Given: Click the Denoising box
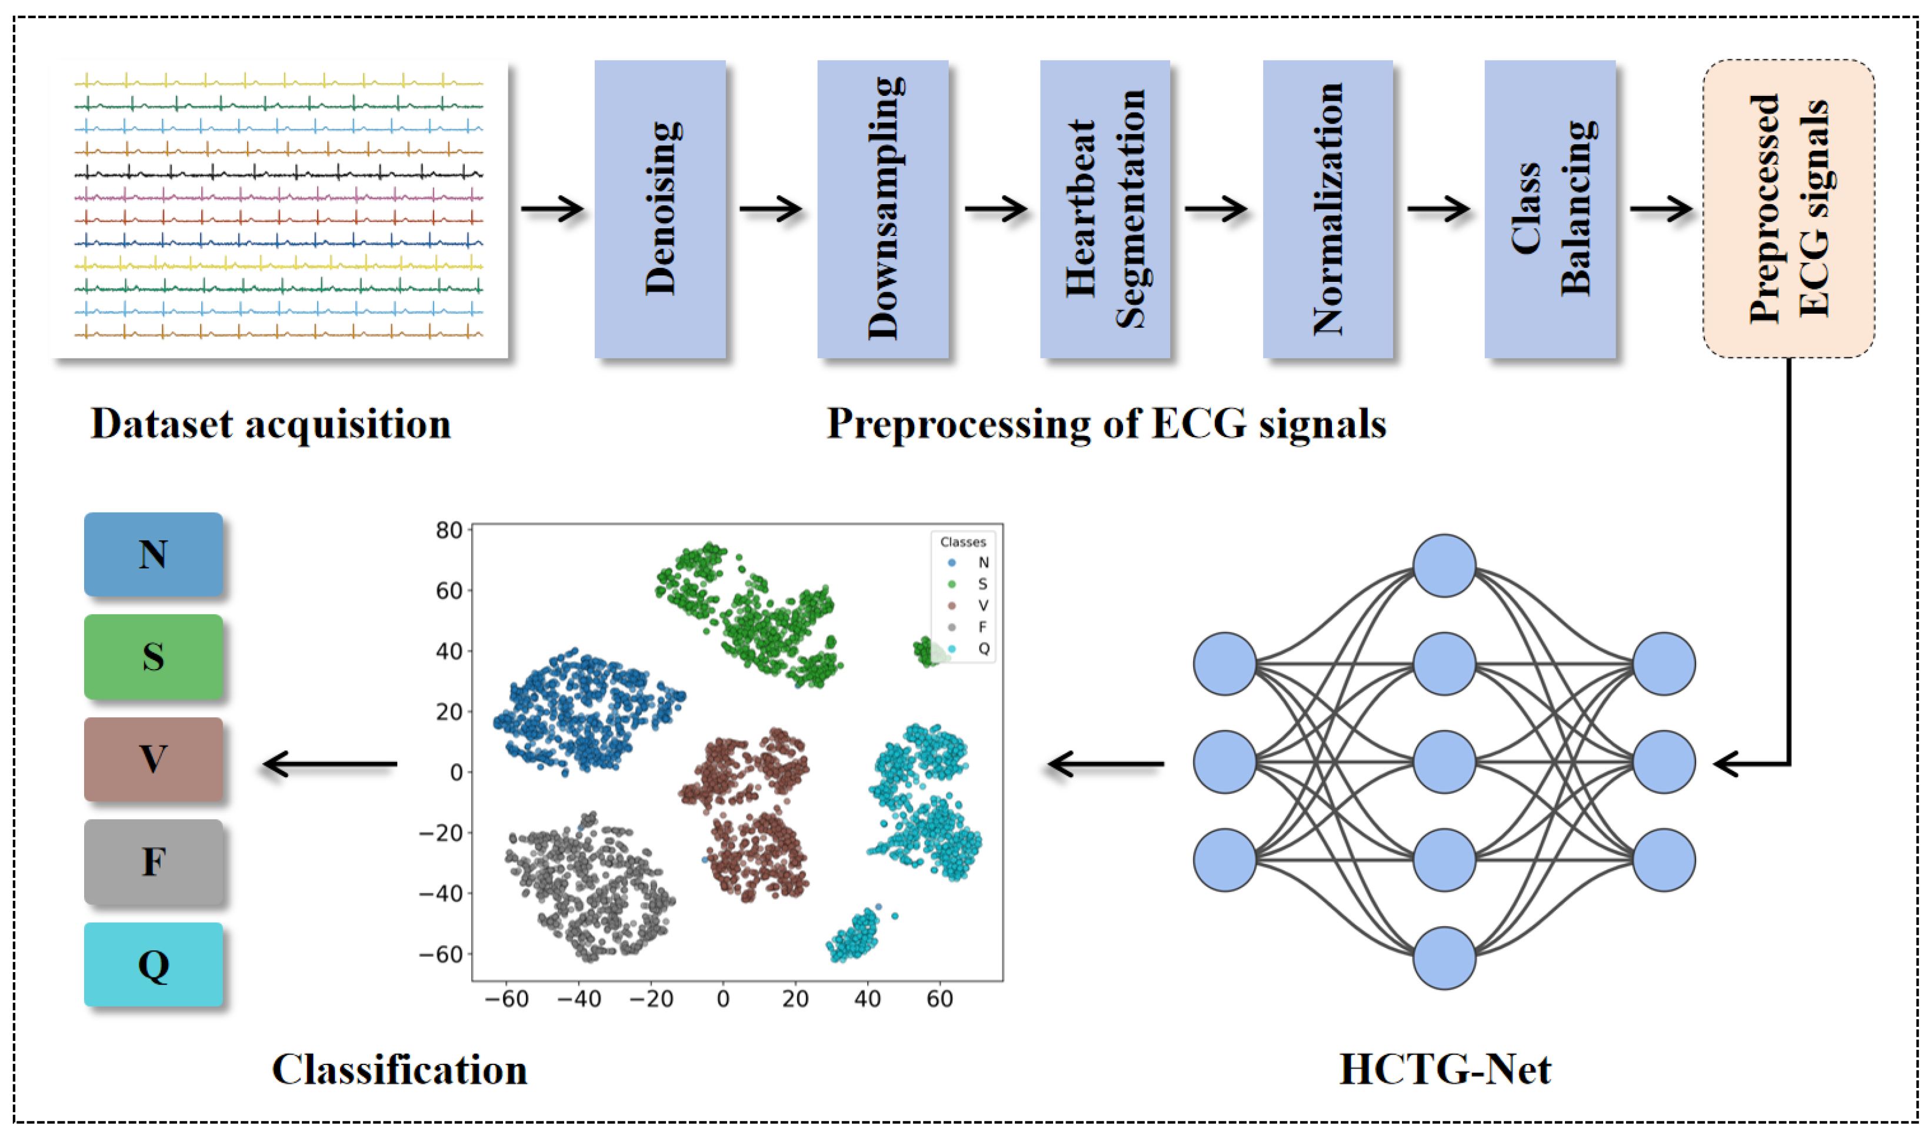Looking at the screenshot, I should [x=660, y=208].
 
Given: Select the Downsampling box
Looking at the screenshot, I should [x=882, y=208].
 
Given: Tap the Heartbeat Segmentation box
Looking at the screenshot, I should [x=1105, y=208].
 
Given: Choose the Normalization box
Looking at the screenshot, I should [x=1328, y=208].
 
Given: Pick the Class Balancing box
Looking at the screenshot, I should [x=1550, y=208].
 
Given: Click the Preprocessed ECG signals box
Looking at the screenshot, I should [x=1788, y=208].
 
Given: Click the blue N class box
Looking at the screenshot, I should [x=154, y=554].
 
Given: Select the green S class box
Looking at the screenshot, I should [x=154, y=657].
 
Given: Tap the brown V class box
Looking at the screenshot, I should [x=154, y=759].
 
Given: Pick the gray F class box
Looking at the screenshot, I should [x=154, y=862].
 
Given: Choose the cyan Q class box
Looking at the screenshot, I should [x=154, y=964].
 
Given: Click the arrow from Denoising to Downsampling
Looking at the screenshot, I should [x=771, y=208].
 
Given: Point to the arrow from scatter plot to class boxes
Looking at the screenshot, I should [x=329, y=764].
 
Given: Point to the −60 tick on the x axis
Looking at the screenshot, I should [x=507, y=999].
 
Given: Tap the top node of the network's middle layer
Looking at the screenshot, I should [x=1444, y=566].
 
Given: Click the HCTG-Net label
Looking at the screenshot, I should [x=1444, y=1069].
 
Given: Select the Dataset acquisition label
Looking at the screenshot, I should [x=271, y=423].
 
